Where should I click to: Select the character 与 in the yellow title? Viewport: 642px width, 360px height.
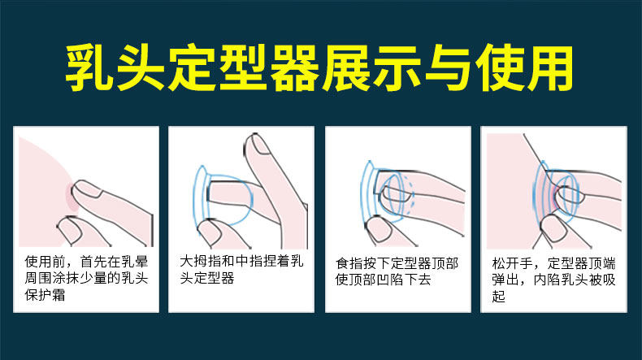(449, 67)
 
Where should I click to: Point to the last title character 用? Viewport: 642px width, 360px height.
(550, 67)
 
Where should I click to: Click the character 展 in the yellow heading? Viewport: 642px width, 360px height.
(346, 67)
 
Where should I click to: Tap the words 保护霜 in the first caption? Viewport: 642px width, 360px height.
(45, 295)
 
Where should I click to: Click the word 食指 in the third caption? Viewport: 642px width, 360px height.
(349, 263)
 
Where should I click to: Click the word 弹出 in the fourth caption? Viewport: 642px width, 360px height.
(505, 280)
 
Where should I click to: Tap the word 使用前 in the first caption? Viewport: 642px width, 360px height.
(45, 262)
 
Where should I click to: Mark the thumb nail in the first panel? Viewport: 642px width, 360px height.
(67, 225)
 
